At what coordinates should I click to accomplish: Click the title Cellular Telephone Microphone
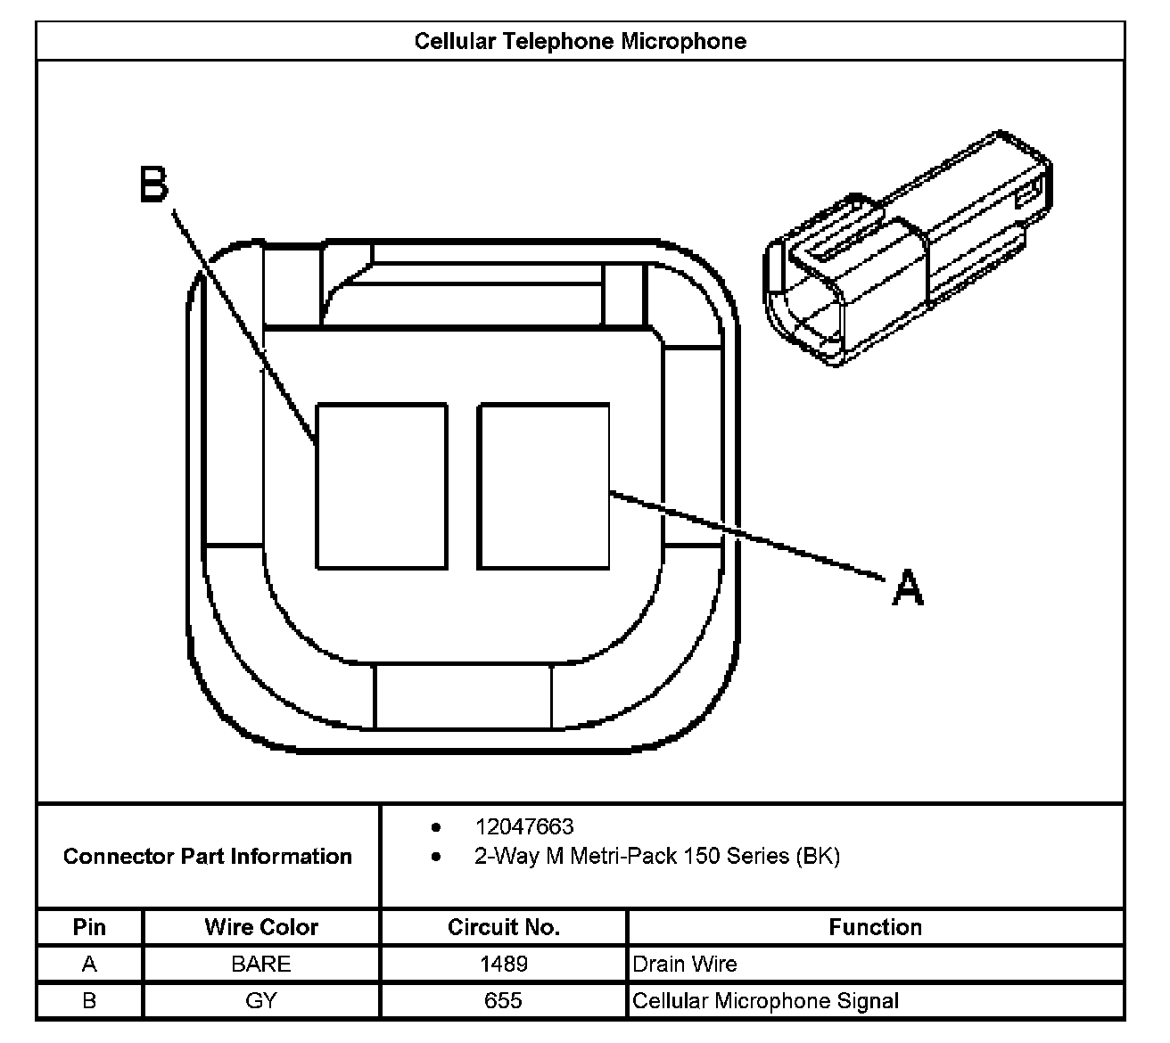click(580, 41)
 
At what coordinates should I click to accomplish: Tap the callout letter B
click(154, 185)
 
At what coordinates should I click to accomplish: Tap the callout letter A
click(907, 588)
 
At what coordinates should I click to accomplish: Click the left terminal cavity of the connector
click(382, 486)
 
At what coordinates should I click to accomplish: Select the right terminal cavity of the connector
click(544, 486)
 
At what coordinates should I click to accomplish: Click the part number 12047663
click(524, 826)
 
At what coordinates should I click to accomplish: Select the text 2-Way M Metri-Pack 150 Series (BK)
click(656, 857)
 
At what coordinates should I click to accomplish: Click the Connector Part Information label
click(208, 857)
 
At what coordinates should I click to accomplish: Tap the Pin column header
click(89, 927)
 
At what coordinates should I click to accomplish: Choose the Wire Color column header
click(261, 927)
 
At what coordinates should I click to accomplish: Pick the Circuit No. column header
click(504, 927)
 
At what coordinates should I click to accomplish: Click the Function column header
click(875, 927)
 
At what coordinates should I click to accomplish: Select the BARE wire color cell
click(261, 965)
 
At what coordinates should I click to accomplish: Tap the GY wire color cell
click(261, 1001)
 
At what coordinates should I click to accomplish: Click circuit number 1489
click(504, 965)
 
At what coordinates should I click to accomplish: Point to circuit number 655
click(504, 1001)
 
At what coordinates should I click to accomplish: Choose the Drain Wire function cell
click(685, 965)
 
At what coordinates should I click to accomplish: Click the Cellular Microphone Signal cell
click(765, 1001)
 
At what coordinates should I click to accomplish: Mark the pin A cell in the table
click(89, 965)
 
